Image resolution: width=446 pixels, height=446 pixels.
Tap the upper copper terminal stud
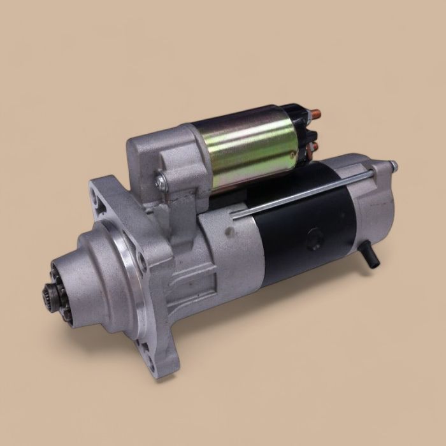point(315,116)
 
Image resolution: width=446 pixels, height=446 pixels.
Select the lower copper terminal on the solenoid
point(312,148)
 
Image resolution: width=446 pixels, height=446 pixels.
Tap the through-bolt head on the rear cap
point(394,166)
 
